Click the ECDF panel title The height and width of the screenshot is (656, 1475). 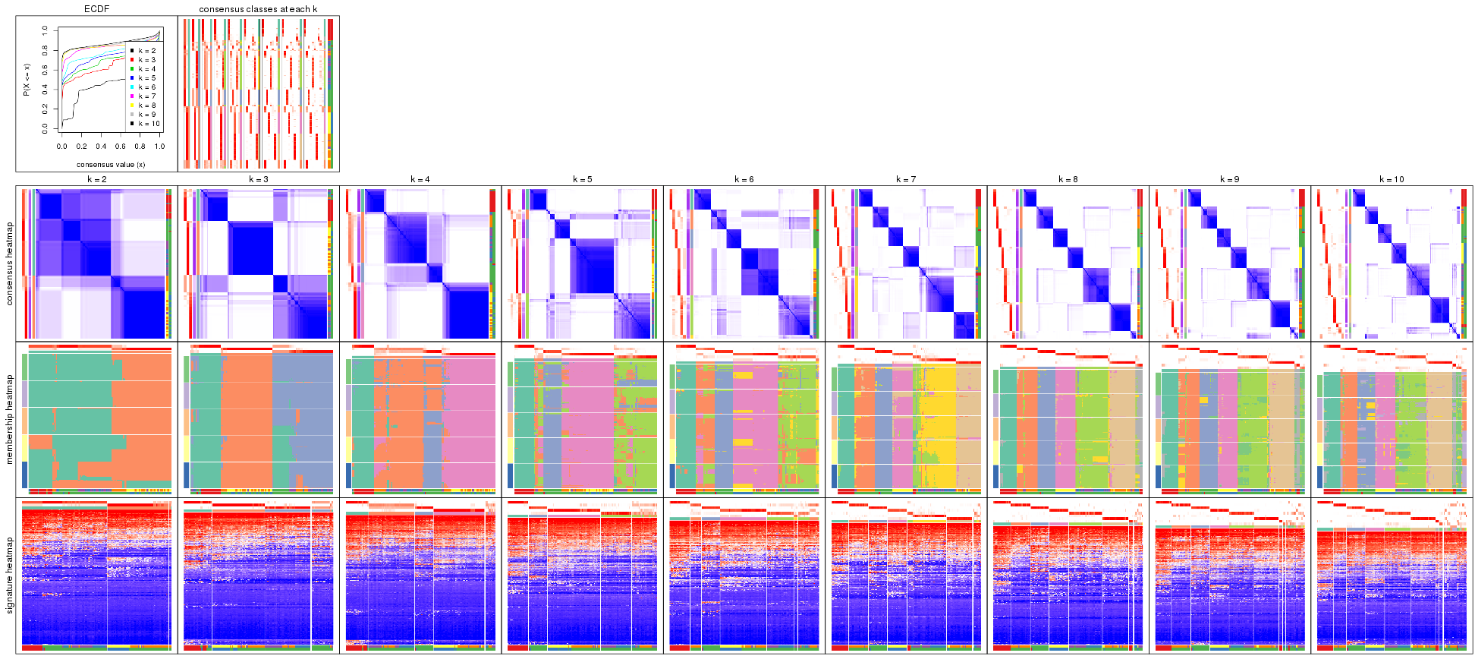coord(96,9)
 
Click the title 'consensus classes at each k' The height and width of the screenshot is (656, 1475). coord(258,9)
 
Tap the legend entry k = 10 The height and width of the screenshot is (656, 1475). coord(149,124)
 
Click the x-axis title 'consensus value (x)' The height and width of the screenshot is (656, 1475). coord(111,164)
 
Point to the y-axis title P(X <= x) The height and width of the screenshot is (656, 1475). coord(27,79)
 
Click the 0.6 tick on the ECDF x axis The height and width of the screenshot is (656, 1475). coord(121,147)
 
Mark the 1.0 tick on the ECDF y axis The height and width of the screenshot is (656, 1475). coord(45,30)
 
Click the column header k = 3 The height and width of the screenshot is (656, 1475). coord(258,180)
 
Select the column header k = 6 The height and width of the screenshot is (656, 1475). coord(744,180)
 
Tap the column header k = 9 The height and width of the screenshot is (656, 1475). coord(1229,180)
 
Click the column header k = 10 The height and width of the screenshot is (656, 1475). coord(1392,180)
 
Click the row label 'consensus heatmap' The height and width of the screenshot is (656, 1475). coord(10,263)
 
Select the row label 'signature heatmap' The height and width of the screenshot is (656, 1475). coord(10,575)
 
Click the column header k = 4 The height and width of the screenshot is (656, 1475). coord(420,180)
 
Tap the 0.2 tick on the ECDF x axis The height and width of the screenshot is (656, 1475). coord(81,147)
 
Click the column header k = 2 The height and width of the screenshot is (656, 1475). coord(96,180)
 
